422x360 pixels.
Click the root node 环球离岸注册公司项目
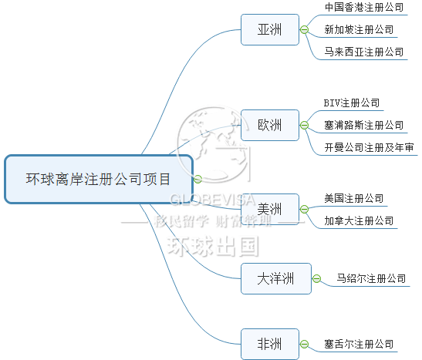(x=99, y=179)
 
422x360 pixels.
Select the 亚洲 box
(x=270, y=29)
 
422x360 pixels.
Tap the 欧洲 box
(x=270, y=125)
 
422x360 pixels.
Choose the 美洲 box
(x=270, y=209)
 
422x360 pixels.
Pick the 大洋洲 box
(x=276, y=278)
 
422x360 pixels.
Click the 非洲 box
(x=270, y=344)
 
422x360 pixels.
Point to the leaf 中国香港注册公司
(x=364, y=7)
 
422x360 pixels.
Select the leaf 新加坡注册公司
(x=359, y=29)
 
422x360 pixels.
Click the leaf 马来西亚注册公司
(x=364, y=52)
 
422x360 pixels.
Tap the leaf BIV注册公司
(x=352, y=103)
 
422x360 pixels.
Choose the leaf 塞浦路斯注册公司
(x=364, y=125)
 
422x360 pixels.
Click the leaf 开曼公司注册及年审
(x=369, y=147)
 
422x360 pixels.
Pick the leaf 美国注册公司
(x=354, y=198)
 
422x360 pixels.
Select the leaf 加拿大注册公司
(x=359, y=220)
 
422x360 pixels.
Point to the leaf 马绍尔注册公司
(x=371, y=278)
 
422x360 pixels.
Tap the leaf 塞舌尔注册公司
(x=359, y=344)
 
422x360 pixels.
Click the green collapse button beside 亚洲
(x=304, y=29)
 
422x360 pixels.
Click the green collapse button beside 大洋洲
(x=316, y=278)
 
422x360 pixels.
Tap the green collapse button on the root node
(x=197, y=179)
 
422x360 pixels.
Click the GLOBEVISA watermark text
(x=213, y=200)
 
